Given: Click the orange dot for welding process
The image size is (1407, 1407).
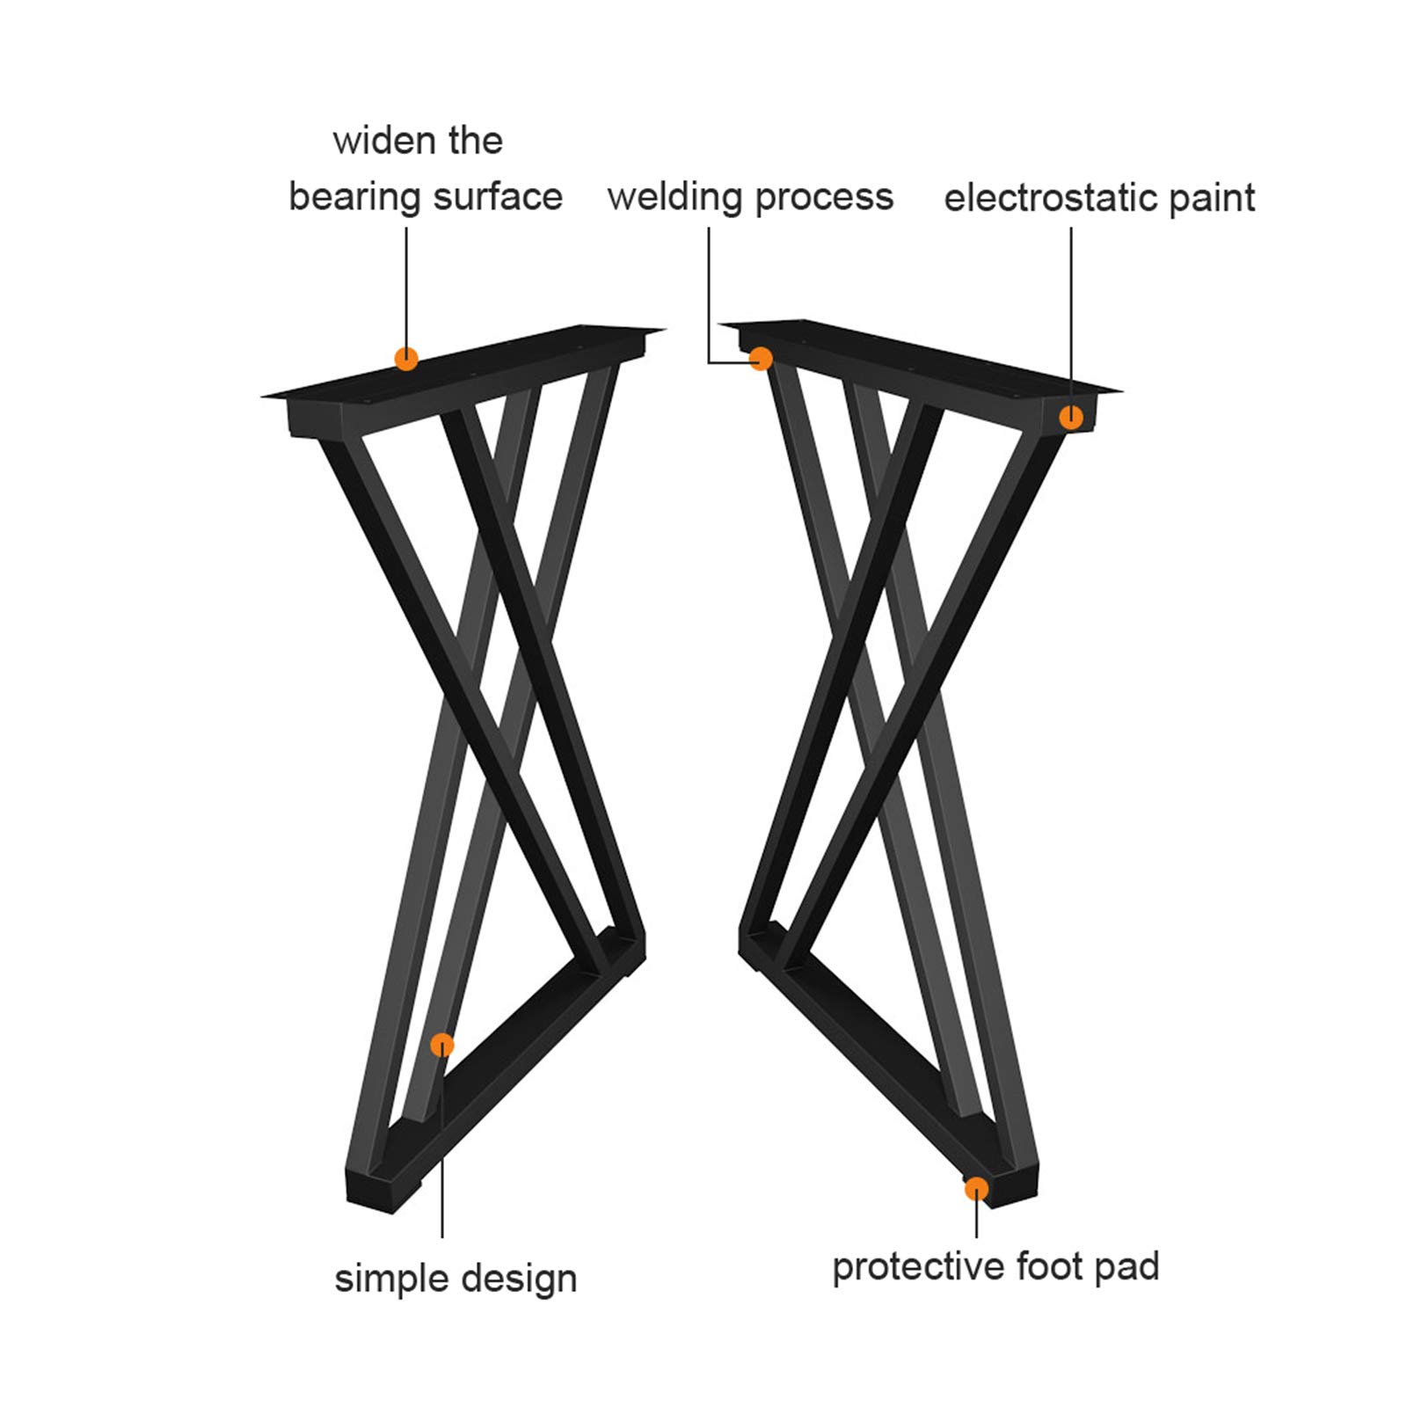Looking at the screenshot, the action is click(761, 359).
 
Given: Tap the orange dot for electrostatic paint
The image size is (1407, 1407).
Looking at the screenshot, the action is click(1071, 417).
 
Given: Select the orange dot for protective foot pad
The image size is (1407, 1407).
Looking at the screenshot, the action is click(976, 1189).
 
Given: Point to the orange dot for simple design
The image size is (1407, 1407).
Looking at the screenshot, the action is click(442, 1045).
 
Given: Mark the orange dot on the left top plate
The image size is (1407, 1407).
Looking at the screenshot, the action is click(406, 359).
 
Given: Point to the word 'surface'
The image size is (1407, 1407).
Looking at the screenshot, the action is click(498, 197).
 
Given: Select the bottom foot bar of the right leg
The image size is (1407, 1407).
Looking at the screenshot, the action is click(888, 1068).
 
